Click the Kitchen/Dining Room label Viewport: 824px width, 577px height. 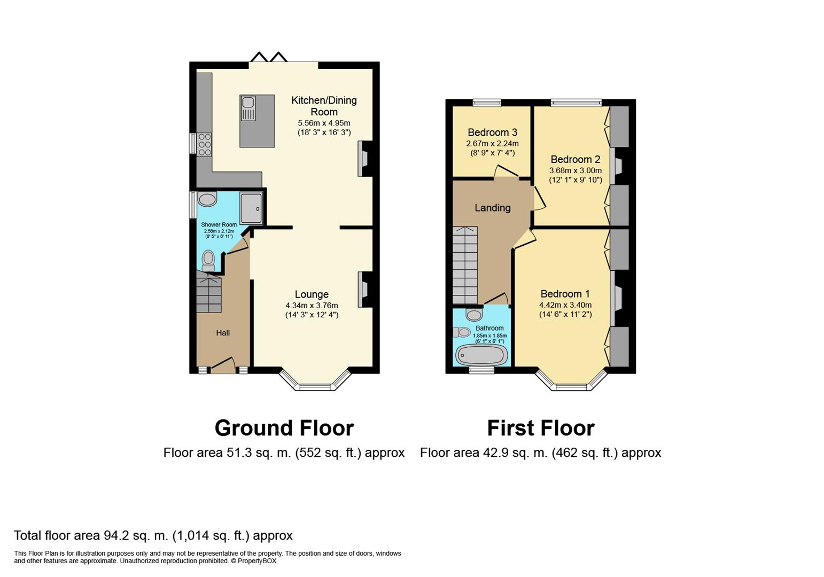[324, 106]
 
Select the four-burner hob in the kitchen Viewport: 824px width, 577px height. [205, 144]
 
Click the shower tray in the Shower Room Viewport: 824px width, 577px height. [251, 208]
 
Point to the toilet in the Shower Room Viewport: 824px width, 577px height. [208, 261]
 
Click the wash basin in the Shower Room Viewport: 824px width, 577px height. [207, 200]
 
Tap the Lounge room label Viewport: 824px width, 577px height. [312, 294]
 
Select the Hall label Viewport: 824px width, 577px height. [223, 333]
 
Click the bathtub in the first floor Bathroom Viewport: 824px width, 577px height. [481, 355]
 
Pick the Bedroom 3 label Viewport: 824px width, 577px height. [492, 132]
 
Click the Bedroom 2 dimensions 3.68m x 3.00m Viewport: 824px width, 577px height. [575, 170]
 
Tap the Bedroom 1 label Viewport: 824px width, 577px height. [565, 294]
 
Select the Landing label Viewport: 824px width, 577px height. [492, 208]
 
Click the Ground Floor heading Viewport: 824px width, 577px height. [284, 428]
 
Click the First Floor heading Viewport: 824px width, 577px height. [540, 428]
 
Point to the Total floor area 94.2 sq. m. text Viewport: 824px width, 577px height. [153, 535]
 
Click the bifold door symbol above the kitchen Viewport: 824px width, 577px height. [269, 57]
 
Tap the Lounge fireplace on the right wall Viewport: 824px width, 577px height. [364, 289]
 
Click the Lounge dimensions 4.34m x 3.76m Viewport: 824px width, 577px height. [312, 306]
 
